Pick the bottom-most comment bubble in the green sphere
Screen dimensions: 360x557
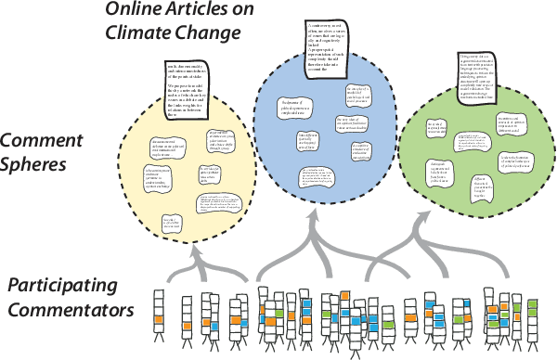tap(491, 187)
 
